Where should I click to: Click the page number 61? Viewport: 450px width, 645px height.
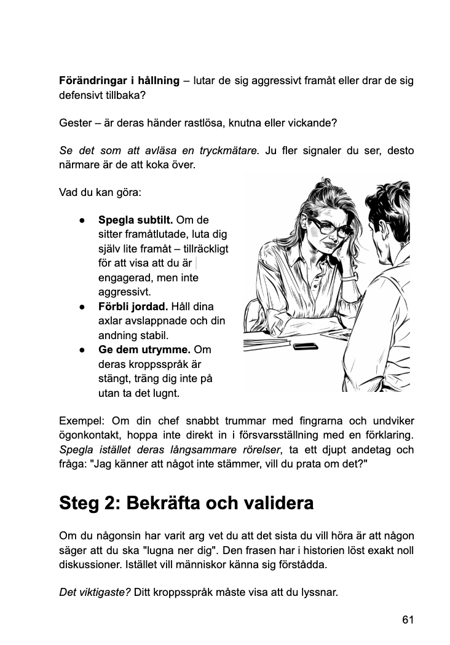pos(408,619)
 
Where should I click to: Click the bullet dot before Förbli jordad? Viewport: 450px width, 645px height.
pos(82,307)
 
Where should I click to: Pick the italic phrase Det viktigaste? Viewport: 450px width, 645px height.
pos(95,593)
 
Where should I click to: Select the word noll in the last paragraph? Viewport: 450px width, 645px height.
pos(405,549)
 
